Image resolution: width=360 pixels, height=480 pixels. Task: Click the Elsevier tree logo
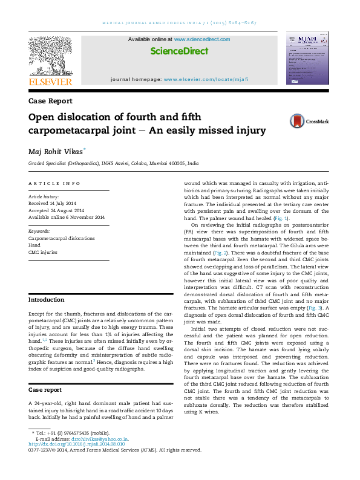pos(51,57)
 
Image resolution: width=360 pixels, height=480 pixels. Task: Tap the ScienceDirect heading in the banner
pos(179,51)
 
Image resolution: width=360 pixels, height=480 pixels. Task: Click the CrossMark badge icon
pos(280,121)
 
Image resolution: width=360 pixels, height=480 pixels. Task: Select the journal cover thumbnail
pos(307,59)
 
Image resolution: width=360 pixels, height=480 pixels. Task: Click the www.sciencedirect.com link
pos(202,39)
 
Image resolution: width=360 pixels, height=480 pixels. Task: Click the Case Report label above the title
pos(50,101)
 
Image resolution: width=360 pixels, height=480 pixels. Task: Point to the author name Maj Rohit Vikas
pos(57,151)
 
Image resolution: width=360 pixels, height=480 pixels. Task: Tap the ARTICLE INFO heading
pos(54,183)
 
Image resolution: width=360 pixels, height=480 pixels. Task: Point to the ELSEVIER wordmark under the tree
pos(51,82)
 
